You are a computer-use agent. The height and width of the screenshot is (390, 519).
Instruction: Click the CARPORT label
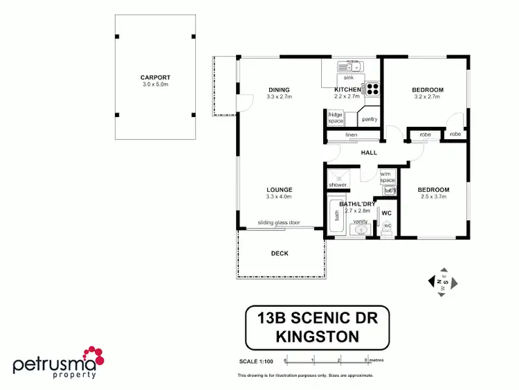155,78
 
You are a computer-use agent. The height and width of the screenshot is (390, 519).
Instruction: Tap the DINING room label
280,89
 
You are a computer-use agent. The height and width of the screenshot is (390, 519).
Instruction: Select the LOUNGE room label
280,189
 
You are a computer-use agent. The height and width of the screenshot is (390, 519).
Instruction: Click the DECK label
280,254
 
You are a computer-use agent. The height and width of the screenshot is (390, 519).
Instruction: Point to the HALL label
369,153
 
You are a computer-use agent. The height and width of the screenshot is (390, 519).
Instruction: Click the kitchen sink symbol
350,67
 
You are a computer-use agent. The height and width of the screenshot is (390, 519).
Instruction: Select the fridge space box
336,117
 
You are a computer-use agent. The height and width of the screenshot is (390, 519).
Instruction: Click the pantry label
370,119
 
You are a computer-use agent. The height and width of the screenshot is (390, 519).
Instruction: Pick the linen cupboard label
351,134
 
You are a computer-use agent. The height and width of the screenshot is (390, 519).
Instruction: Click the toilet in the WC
388,226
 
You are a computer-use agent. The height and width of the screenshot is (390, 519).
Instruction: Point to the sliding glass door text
279,223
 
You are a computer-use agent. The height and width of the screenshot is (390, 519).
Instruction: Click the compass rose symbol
441,282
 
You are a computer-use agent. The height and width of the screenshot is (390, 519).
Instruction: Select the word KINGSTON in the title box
318,337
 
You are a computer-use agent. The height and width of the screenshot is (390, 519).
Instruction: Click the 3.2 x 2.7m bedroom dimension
428,97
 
